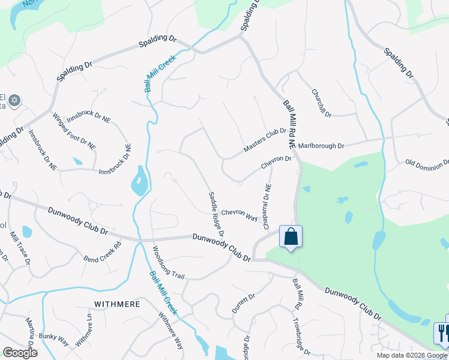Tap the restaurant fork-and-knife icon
tap(442, 334)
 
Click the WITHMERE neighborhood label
tap(116, 304)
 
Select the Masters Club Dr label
tap(265, 140)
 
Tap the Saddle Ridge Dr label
tap(217, 214)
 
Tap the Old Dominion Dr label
tap(427, 163)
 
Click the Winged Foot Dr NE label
tap(74, 131)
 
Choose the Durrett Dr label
tap(244, 304)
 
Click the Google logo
tap(20, 353)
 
